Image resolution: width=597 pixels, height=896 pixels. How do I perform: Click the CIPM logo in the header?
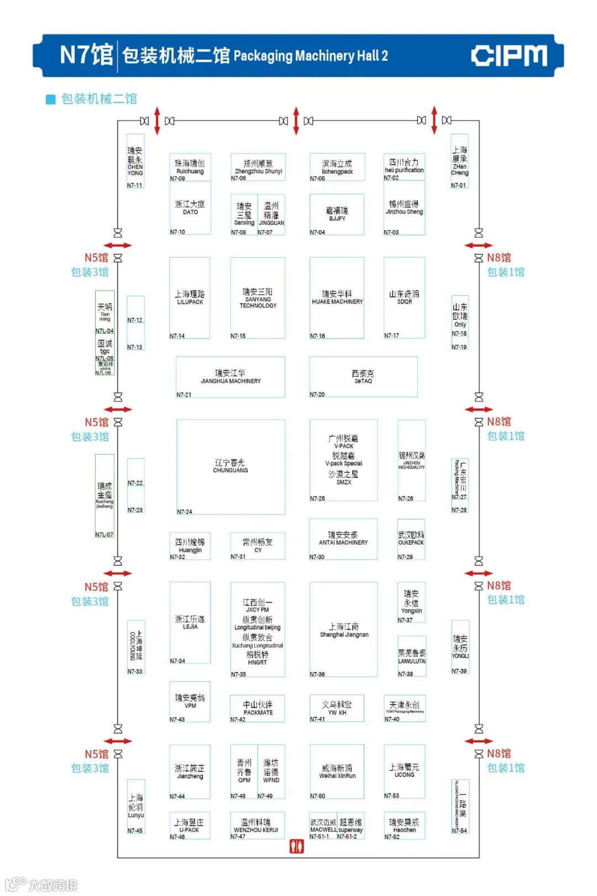coord(509,56)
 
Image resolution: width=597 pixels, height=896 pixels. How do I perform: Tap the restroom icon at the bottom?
coord(297,846)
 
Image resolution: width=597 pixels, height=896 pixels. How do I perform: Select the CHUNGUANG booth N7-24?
coord(231,467)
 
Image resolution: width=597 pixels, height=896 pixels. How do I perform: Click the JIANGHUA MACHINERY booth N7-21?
coord(231,377)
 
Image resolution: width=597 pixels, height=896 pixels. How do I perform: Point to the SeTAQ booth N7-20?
coord(363,377)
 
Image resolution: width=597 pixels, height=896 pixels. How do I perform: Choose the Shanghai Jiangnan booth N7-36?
coord(344,629)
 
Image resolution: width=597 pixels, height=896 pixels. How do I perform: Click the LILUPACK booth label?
coord(190,298)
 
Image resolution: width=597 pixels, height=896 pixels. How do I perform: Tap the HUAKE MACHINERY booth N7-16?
coord(337,298)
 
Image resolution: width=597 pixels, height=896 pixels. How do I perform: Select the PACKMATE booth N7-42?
coord(258,708)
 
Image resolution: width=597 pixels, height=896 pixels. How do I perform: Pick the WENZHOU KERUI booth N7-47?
coord(258,826)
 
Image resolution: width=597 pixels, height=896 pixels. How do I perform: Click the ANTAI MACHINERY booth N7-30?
coord(343,539)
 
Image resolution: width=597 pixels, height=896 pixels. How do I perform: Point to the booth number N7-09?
coord(177,179)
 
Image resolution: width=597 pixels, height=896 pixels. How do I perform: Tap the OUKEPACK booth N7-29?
coord(411,539)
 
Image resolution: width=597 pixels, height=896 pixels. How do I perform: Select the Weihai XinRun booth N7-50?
coord(337,772)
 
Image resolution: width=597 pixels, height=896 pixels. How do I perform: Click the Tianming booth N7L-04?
coord(105,312)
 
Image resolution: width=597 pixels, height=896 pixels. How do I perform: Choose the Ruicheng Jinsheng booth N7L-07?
coord(104,495)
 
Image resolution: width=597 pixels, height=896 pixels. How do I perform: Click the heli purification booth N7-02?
coord(404,166)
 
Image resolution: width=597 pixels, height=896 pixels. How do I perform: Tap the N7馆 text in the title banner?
coord(86,55)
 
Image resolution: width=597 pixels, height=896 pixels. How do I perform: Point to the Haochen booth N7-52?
coord(404,826)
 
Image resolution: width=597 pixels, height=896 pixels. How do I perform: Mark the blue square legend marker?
coord(51,100)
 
